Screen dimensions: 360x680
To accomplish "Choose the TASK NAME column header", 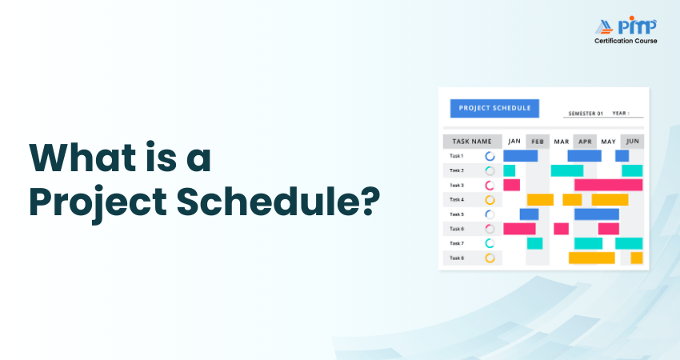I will click(x=472, y=142).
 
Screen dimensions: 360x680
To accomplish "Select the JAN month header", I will click(x=514, y=142).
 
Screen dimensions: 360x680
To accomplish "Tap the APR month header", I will click(x=585, y=142).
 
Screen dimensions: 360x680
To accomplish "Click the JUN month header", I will click(x=632, y=142).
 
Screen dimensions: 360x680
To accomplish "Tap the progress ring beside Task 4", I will click(x=490, y=200).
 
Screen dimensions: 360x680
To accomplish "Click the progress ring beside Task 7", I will click(x=490, y=243).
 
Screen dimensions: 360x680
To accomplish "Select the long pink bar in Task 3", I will click(x=608, y=185).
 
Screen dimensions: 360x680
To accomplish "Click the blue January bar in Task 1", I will click(x=520, y=156).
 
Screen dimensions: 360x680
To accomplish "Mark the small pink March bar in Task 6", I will click(x=561, y=229).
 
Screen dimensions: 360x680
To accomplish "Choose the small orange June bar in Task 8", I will click(x=637, y=258).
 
